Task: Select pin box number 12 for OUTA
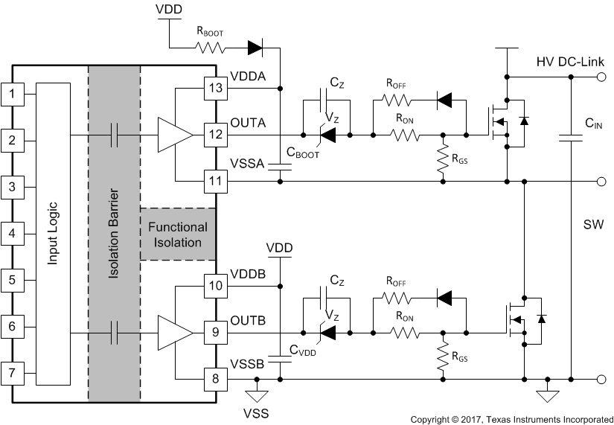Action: click(215, 135)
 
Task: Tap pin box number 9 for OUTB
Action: click(215, 333)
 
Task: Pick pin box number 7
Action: click(12, 372)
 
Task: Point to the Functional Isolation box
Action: click(178, 234)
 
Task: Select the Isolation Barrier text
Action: click(114, 235)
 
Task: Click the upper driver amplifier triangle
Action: click(174, 135)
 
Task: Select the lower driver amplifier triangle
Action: click(174, 333)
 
